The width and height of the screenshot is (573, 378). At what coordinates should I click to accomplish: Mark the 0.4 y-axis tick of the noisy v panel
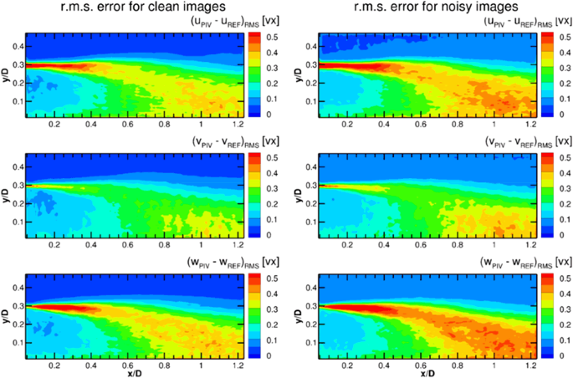pyautogui.click(x=299, y=166)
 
